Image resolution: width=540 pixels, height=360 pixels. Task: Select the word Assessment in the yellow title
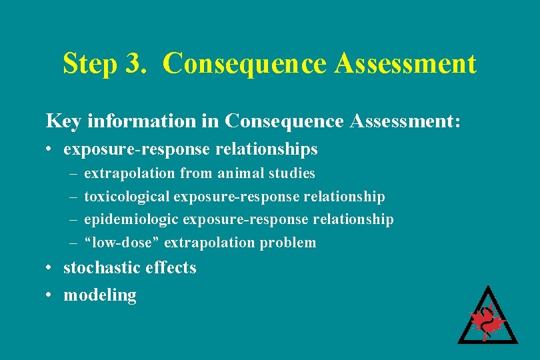(406, 64)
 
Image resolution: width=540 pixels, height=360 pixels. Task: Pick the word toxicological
(127, 197)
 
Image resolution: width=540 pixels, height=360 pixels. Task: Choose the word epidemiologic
(131, 219)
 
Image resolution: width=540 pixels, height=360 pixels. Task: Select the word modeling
(99, 295)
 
